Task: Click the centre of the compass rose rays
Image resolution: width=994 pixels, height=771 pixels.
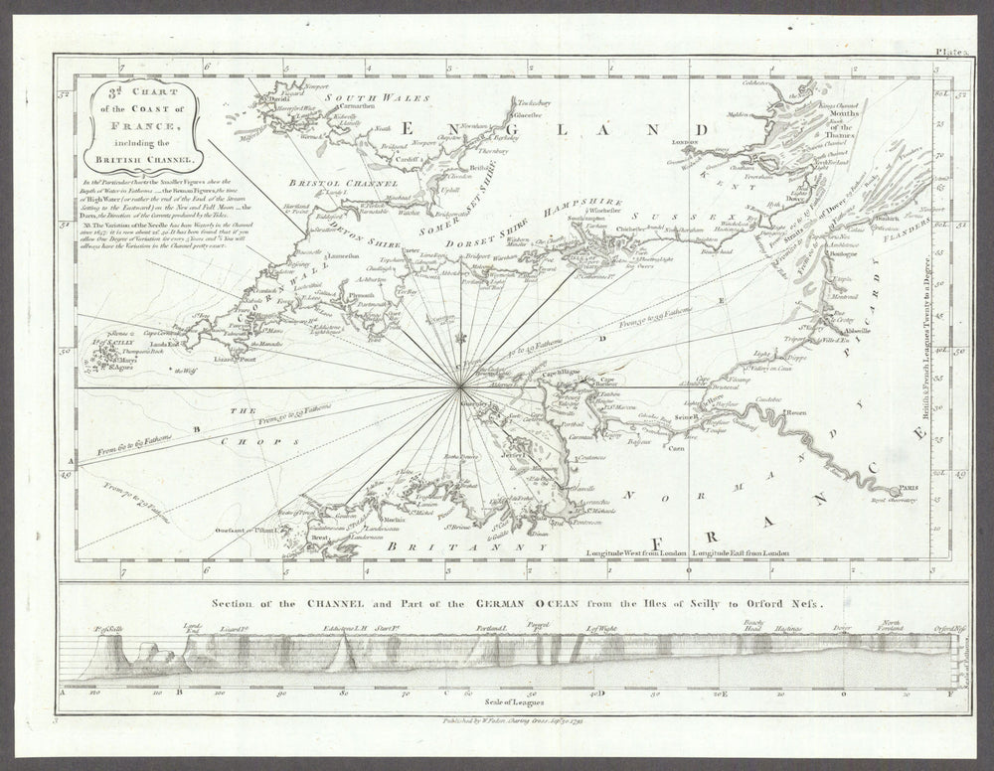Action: [459, 386]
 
